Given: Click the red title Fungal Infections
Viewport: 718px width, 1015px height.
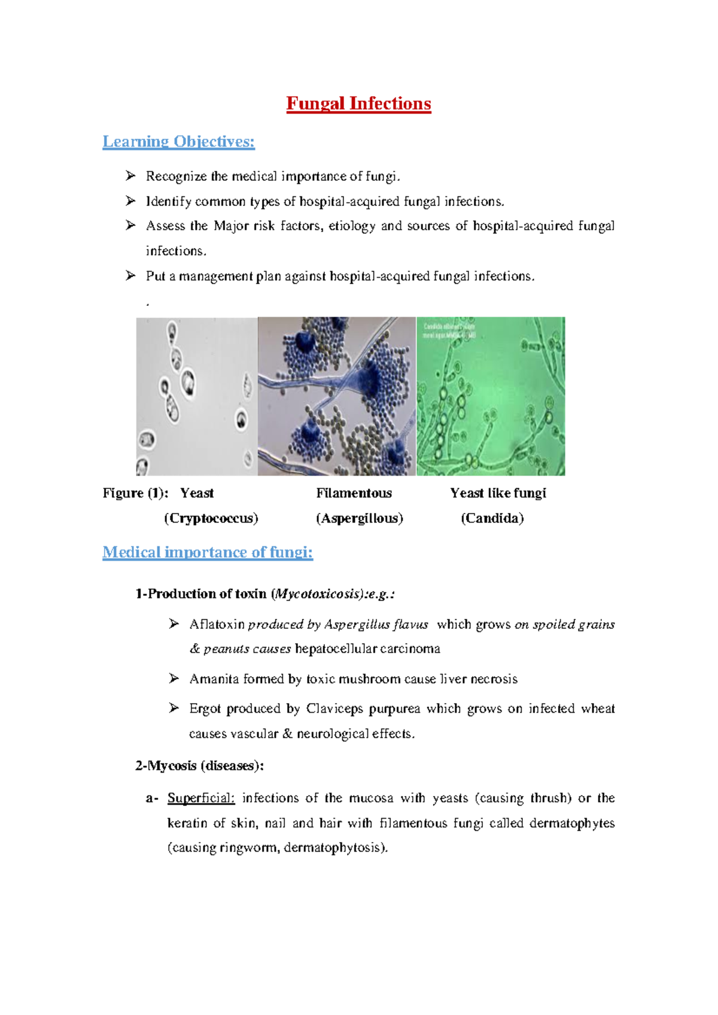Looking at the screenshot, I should pos(358,104).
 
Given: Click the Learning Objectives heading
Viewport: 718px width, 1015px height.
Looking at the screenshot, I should pos(178,142).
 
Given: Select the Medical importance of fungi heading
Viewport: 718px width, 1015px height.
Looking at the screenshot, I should pos(207,552).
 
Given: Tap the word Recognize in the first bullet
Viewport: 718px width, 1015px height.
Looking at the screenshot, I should pos(176,177).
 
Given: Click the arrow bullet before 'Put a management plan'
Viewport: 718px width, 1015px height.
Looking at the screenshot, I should pos(130,276).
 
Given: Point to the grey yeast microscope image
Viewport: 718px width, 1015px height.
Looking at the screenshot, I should pos(197,396).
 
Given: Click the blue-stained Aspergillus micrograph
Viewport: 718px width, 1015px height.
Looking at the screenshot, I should pos(336,396).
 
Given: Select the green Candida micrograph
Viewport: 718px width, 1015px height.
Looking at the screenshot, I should pos(491,396).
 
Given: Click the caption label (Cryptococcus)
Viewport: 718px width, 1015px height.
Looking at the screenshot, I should pos(211,518).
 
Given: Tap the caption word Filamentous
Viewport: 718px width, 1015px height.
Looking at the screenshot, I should pos(354,493).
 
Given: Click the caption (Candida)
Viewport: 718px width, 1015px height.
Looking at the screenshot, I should pos(492,518).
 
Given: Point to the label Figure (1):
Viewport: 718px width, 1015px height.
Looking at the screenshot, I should pos(135,493).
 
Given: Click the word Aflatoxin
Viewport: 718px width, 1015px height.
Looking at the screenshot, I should pos(217,625).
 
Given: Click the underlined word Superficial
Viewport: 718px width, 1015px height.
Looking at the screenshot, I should pos(201,798).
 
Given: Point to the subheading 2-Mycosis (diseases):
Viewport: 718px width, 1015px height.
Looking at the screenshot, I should pos(199,766).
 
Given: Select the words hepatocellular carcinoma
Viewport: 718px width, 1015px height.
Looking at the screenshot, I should pos(367,649).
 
